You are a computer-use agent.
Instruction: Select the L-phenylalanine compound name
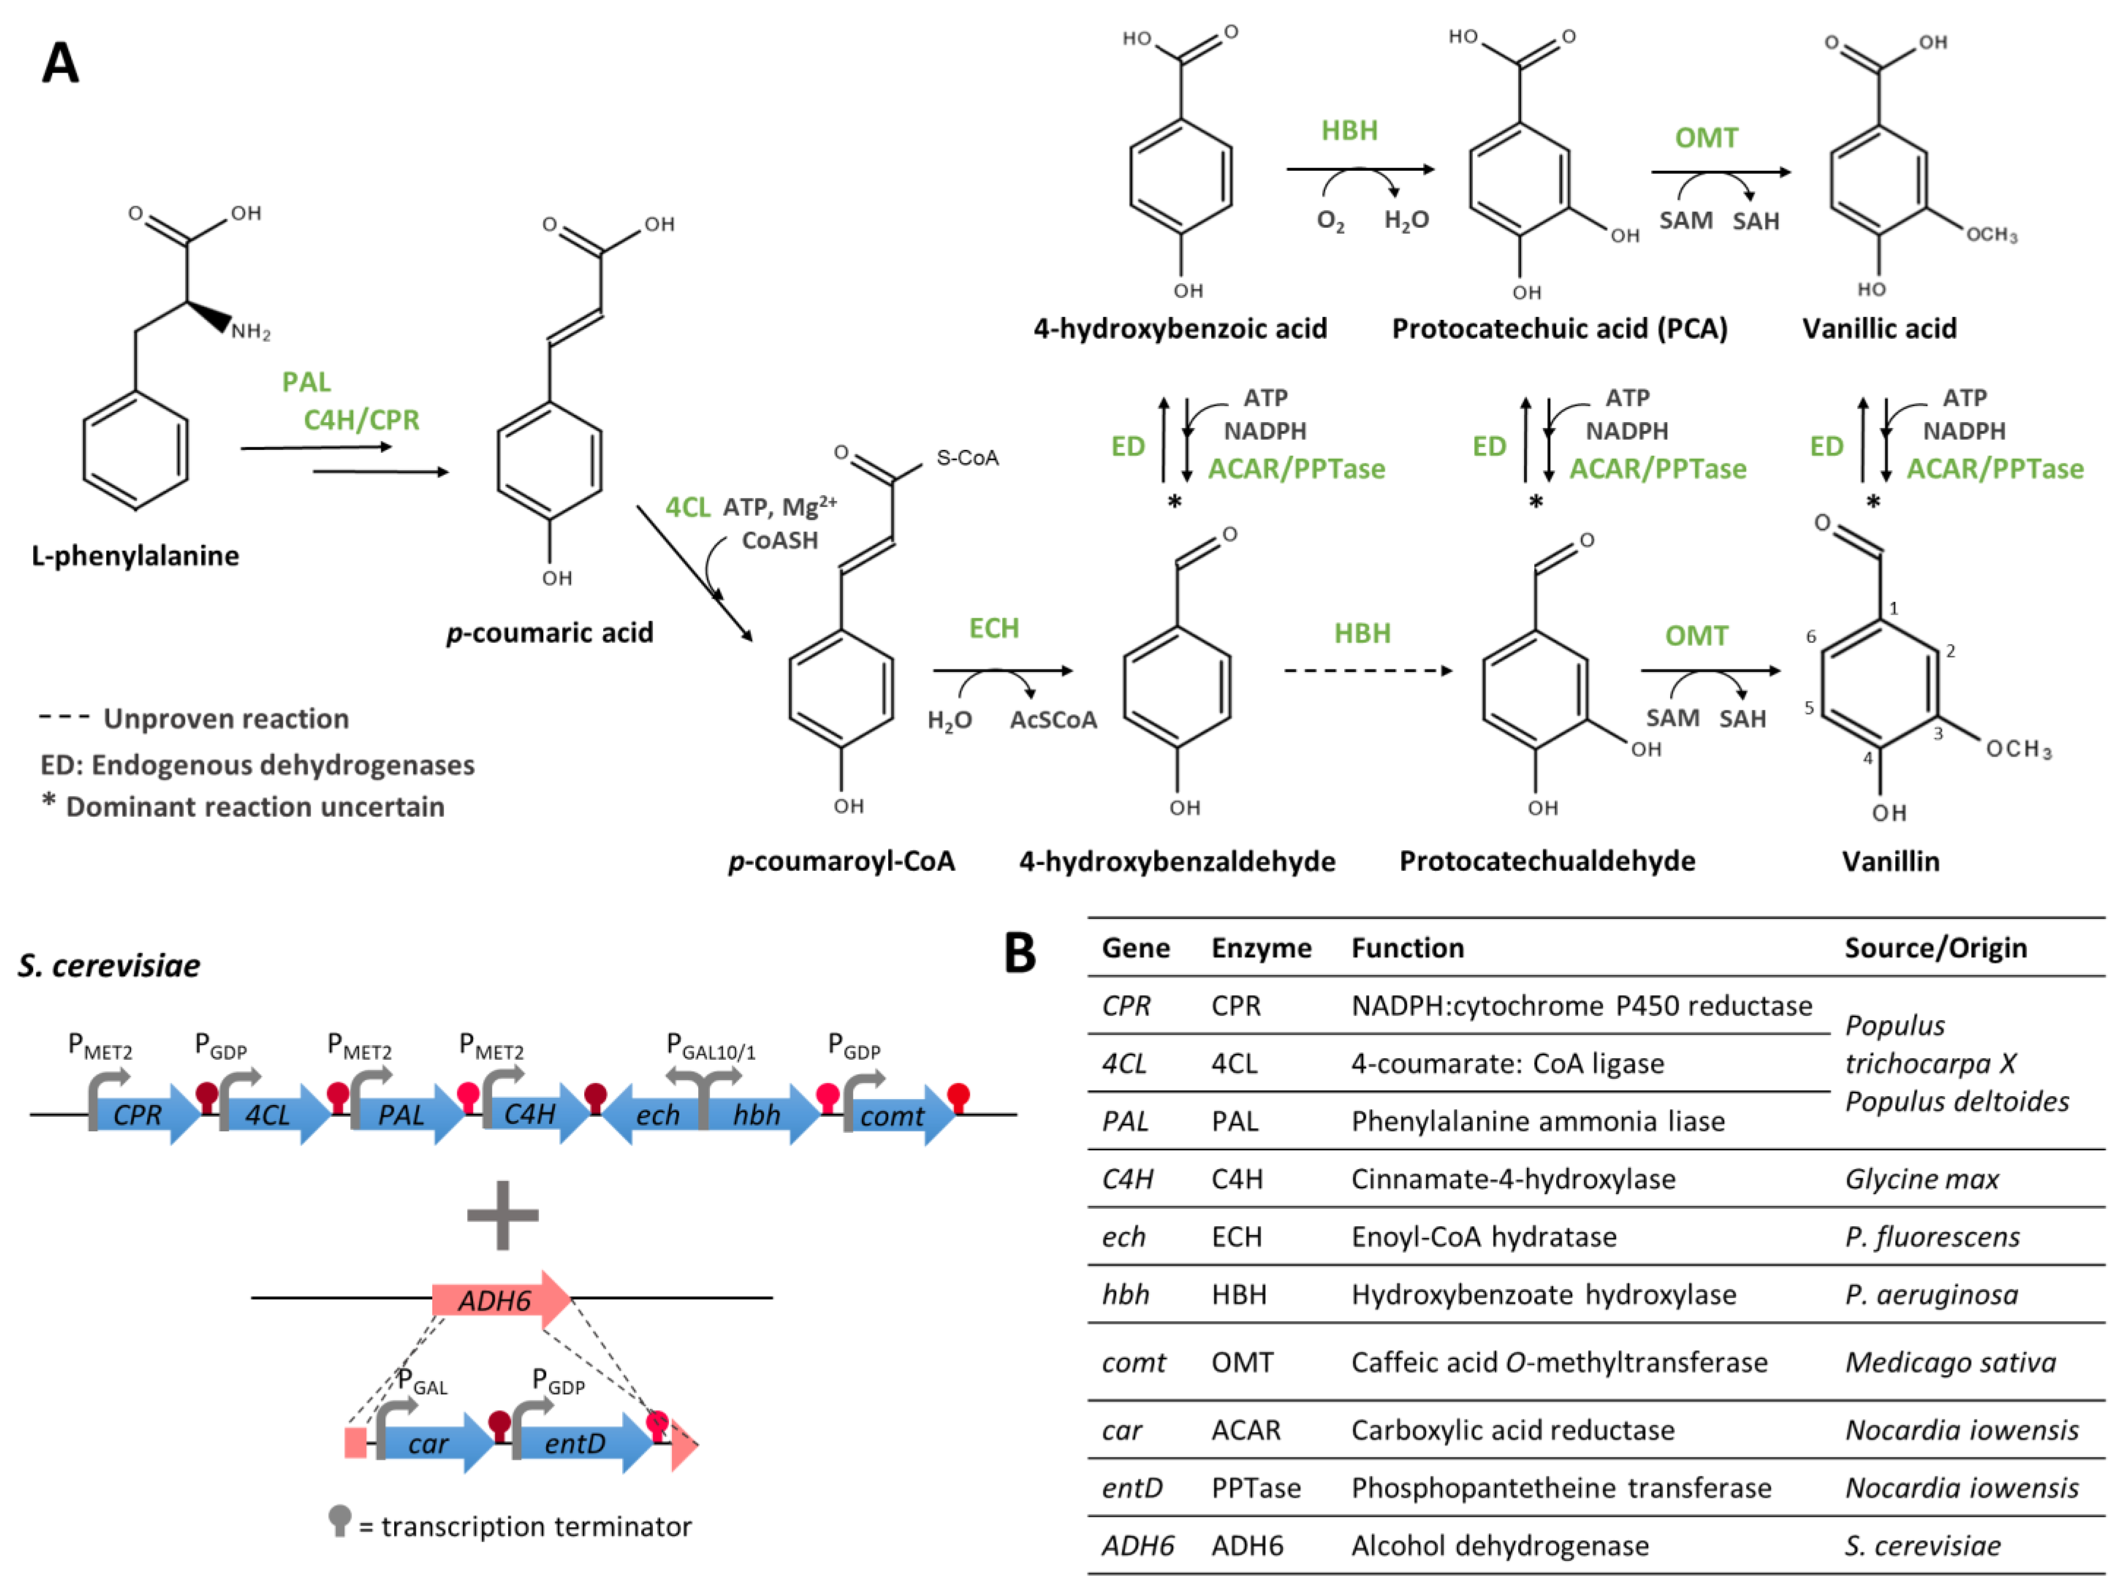(x=135, y=555)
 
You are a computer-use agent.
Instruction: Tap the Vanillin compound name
(x=1890, y=861)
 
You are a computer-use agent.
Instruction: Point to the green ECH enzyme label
(x=993, y=628)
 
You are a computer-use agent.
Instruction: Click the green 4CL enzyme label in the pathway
(x=687, y=508)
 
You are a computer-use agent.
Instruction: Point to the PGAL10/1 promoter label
(x=711, y=1047)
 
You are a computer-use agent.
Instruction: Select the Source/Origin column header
(x=1935, y=948)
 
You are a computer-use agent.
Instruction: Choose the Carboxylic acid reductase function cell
(x=1512, y=1430)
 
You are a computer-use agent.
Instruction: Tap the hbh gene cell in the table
(x=1125, y=1294)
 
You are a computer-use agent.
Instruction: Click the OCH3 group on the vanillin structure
(x=2018, y=749)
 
